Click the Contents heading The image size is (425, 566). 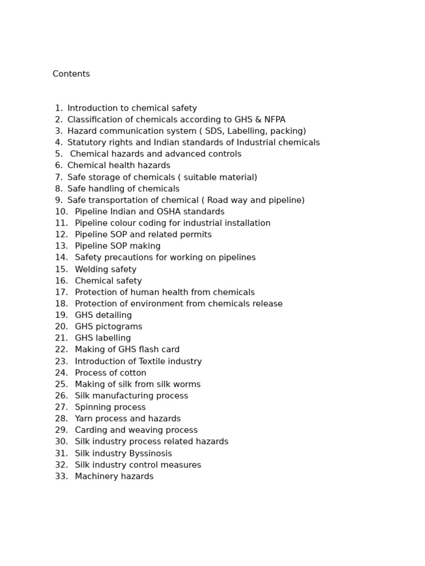[71, 74]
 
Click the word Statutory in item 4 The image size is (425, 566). [87, 143]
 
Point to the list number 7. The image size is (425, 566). [59, 177]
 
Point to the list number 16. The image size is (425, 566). [61, 281]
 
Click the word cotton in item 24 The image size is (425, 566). [132, 373]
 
